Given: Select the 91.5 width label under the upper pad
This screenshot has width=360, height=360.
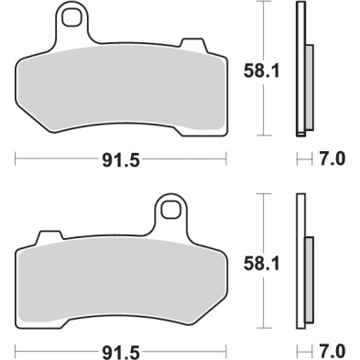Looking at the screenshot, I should (x=119, y=159).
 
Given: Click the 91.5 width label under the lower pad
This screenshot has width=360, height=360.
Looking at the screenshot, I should (x=119, y=351).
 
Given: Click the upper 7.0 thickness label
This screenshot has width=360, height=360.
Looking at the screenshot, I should (x=333, y=159).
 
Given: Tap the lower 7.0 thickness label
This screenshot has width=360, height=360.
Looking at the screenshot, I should (x=333, y=351).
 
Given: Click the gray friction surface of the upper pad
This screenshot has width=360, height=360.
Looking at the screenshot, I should (x=119, y=87).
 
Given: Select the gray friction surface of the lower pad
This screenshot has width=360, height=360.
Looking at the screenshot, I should (x=119, y=279).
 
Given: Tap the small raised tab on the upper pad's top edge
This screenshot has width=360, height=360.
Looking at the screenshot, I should (x=192, y=43).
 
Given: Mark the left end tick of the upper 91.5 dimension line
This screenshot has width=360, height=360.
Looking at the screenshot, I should (x=17, y=159).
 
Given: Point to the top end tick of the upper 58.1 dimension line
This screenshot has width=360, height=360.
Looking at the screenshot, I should (x=265, y=3).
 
